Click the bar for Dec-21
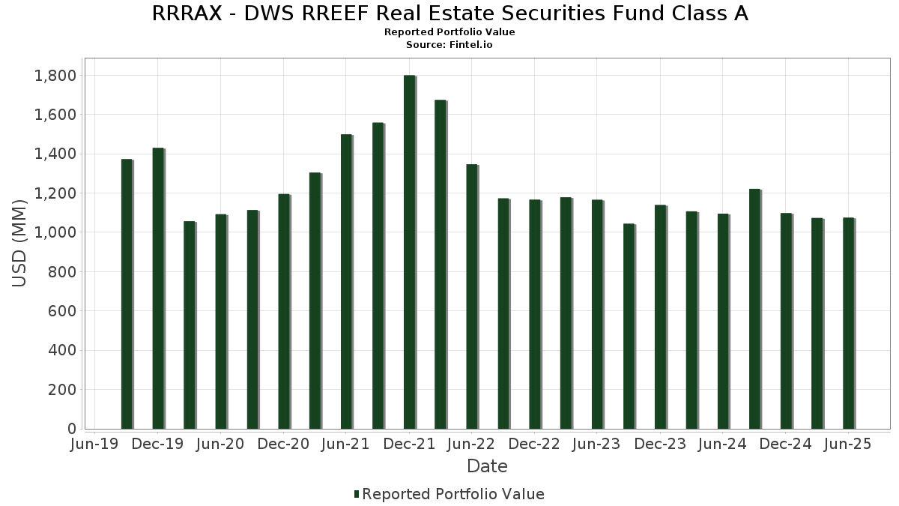[x=409, y=252]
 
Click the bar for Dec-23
[x=660, y=317]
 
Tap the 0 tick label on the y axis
[x=72, y=429]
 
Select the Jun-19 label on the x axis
[x=94, y=445]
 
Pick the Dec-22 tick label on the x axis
[x=534, y=445]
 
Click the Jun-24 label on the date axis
[x=722, y=445]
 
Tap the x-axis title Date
[x=487, y=466]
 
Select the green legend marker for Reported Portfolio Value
[x=357, y=494]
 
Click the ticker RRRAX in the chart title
[x=184, y=13]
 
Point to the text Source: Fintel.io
[x=449, y=45]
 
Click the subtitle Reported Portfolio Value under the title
[x=449, y=32]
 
